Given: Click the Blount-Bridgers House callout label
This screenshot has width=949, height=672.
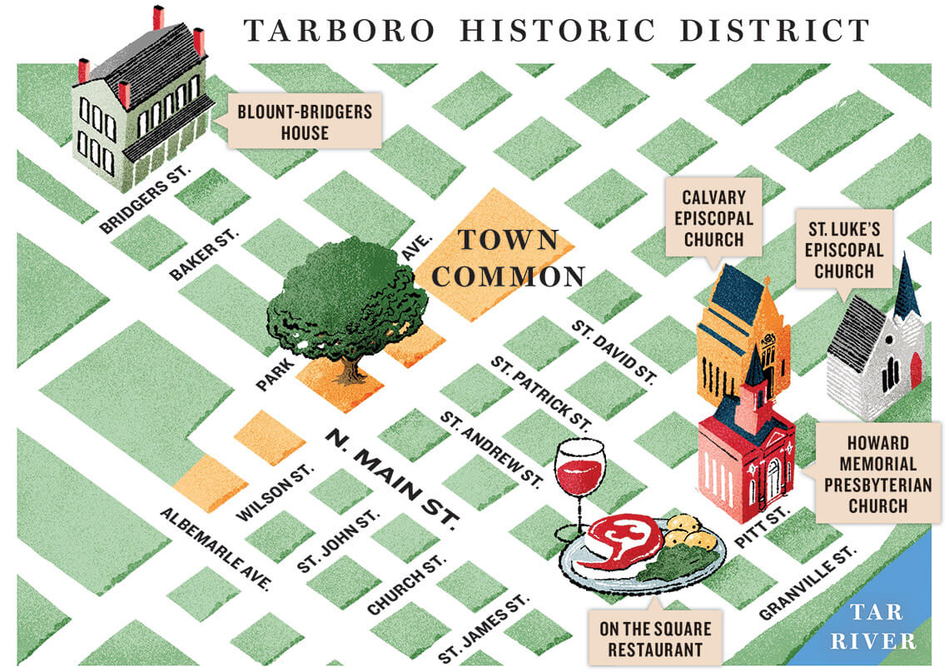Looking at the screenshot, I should pyautogui.click(x=305, y=121).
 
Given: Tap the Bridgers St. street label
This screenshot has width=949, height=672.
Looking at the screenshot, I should pyautogui.click(x=146, y=198).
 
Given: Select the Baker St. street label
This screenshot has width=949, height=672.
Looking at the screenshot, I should pyautogui.click(x=204, y=253).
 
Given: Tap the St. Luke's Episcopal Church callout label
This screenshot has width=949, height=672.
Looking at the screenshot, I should pyautogui.click(x=843, y=249).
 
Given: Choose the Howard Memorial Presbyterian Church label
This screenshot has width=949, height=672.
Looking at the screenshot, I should pyautogui.click(x=878, y=474).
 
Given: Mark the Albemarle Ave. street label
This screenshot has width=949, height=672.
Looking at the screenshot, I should pyautogui.click(x=216, y=548).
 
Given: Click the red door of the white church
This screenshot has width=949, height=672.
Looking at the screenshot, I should pyautogui.click(x=917, y=370).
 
